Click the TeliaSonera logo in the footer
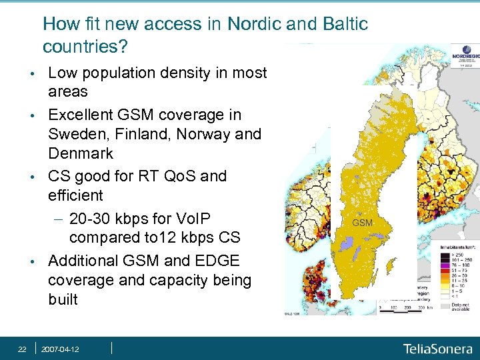(437, 348)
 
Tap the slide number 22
(22, 349)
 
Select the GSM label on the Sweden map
(362, 222)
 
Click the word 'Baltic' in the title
(344, 24)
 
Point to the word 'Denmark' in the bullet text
(81, 153)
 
